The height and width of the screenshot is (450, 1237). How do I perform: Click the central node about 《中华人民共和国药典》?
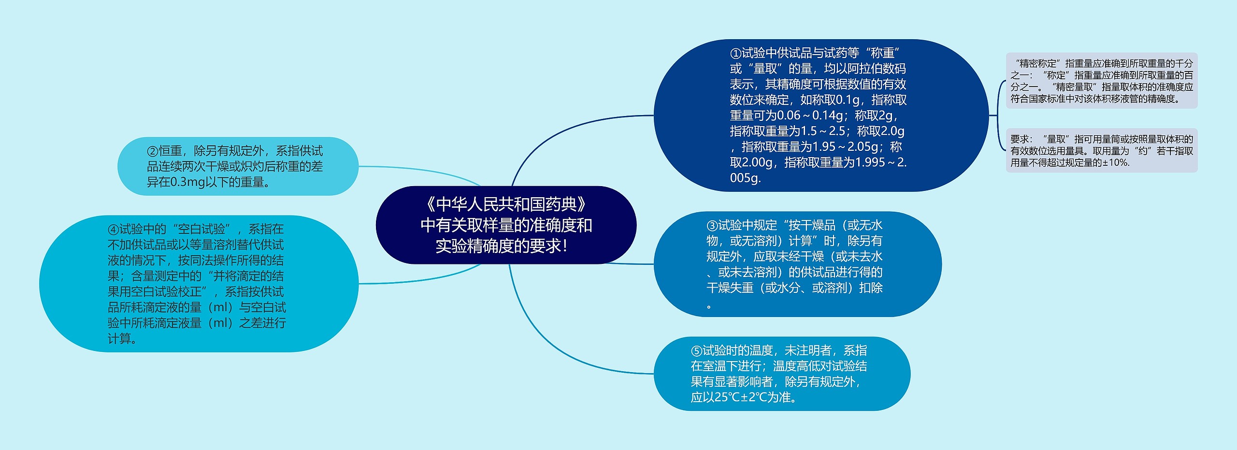506,225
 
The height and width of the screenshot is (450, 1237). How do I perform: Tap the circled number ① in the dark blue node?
735,53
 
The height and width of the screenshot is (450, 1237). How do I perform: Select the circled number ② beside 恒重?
152,151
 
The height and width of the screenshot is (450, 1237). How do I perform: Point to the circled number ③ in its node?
712,226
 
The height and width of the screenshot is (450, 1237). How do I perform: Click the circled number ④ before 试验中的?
113,230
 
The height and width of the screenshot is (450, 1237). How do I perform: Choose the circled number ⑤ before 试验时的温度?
696,351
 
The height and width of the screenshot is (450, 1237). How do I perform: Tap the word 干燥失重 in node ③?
730,288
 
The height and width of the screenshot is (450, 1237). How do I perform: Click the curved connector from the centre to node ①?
556,128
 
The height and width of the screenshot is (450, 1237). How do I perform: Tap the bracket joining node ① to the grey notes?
998,116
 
